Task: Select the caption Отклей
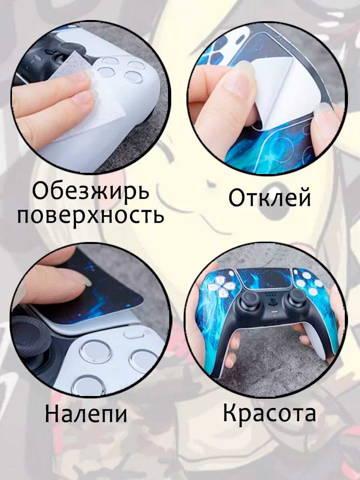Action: click(x=270, y=197)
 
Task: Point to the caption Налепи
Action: click(x=86, y=413)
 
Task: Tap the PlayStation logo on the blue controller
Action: click(x=272, y=302)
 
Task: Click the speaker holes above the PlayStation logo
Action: click(x=271, y=294)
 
